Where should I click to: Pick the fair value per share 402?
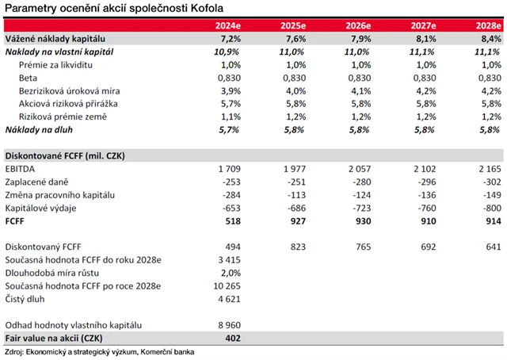pos(231,339)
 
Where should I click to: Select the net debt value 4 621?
pos(227,300)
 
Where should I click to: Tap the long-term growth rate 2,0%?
pos(229,271)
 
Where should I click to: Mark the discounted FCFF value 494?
pos(231,246)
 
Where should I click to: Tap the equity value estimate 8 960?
pos(227,325)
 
